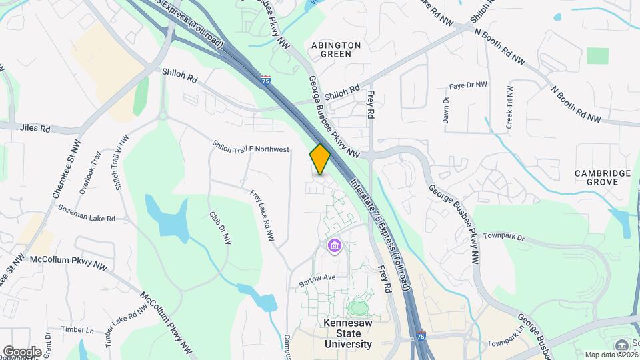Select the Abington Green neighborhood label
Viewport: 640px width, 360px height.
coord(336,49)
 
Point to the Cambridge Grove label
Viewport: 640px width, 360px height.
coord(603,177)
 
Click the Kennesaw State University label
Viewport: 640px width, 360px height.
coord(348,333)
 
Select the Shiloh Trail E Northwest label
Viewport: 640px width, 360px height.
coord(251,147)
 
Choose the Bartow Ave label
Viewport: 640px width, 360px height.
coord(317,277)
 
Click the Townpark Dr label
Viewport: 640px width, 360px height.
coord(504,237)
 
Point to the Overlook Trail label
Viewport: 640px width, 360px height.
coord(89,173)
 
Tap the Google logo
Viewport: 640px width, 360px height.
coord(22,351)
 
